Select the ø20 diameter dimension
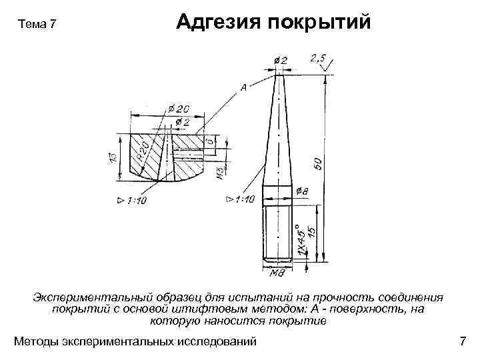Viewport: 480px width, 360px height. pos(179,109)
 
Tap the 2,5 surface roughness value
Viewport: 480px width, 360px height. pos(318,59)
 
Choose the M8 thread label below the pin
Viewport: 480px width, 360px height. pos(277,273)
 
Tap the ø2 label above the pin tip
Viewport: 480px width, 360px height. pos(281,61)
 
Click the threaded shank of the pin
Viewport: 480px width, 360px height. pos(277,233)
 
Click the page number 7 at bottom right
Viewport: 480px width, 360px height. pos(463,342)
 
